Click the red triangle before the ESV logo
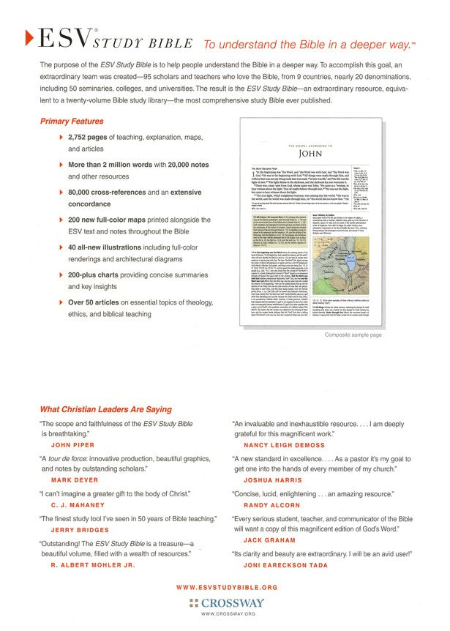[x=28, y=35]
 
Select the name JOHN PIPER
[x=72, y=444]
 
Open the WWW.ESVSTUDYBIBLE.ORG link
[x=227, y=587]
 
